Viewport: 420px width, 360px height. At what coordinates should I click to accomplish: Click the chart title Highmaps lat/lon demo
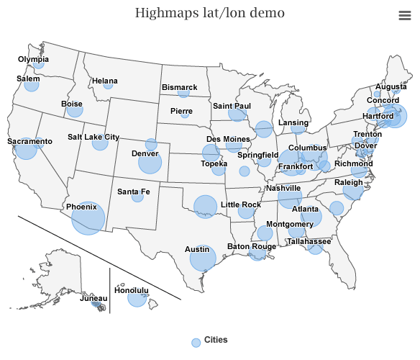209,13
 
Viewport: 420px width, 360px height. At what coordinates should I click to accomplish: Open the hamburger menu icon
405,15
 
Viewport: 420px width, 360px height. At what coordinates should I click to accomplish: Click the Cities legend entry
215,340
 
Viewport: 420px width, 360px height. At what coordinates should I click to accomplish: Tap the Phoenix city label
81,207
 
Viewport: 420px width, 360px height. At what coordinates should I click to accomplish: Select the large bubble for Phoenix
88,218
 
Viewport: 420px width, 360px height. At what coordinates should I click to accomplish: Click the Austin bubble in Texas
203,258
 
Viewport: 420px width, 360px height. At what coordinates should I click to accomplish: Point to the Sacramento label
30,142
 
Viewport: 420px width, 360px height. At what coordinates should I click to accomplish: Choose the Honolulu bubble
137,298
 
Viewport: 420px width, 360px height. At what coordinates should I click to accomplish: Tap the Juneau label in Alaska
93,299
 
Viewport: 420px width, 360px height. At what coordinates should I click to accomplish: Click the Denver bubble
150,163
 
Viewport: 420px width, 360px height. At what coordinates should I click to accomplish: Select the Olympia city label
33,59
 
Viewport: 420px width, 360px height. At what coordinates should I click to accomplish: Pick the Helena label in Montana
105,81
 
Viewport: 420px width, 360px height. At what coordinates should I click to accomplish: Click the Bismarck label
179,87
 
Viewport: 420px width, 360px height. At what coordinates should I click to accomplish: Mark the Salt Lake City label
93,137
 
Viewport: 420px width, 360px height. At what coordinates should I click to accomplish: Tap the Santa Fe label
134,192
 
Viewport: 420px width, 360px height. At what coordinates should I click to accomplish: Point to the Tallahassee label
309,241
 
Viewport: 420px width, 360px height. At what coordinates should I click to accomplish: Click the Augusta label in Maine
391,87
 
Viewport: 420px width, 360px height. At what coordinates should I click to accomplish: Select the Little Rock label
241,204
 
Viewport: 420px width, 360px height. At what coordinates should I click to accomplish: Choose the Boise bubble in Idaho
75,110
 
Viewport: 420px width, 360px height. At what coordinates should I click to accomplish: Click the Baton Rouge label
252,246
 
